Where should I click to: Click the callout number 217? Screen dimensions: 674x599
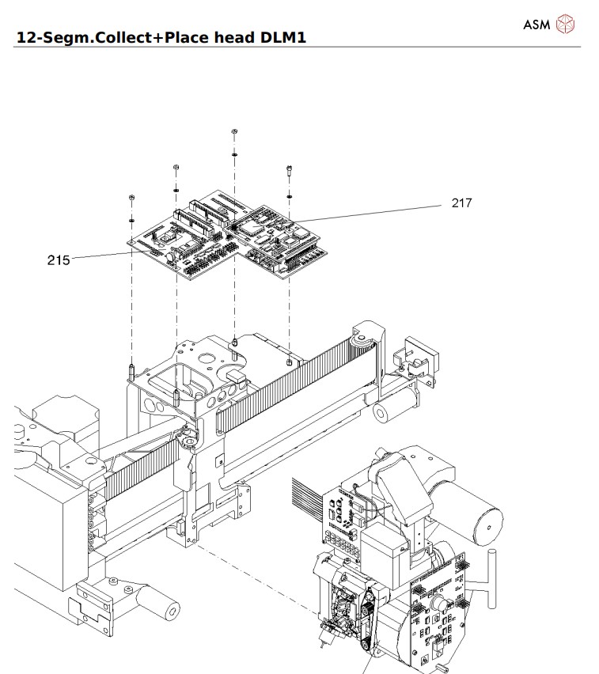click(x=461, y=203)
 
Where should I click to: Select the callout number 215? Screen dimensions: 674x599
click(x=58, y=259)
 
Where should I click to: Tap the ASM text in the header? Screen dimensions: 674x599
click(x=536, y=24)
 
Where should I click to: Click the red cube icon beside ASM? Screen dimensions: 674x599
click(x=566, y=24)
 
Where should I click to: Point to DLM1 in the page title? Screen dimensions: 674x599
click(x=278, y=37)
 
